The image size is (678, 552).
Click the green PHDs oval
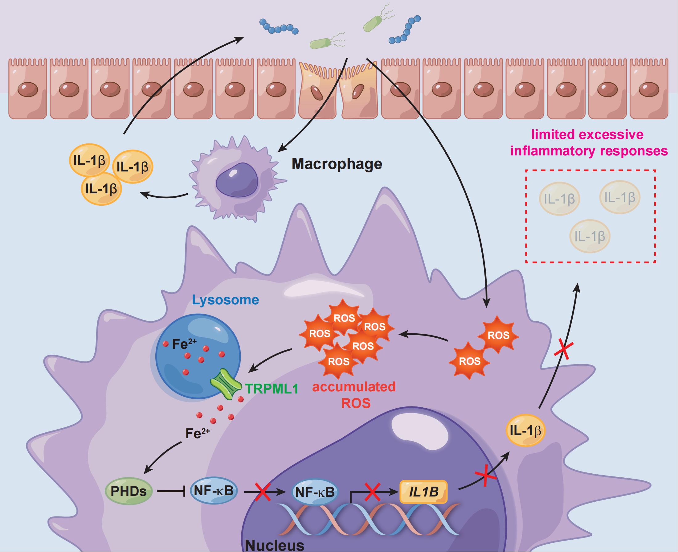(129, 491)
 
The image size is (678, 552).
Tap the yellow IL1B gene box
(424, 492)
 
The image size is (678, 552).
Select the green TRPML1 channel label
(272, 389)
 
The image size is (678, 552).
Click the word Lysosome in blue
(226, 300)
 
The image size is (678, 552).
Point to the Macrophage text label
(337, 164)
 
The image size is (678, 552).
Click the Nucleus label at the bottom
(275, 545)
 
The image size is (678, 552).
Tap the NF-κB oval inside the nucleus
(315, 492)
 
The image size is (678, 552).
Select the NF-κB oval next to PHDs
(214, 491)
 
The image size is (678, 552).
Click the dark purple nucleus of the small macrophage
(237, 180)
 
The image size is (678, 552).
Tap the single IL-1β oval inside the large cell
(525, 430)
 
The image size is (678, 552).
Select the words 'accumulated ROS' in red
(354, 395)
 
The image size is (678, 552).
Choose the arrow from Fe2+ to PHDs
(162, 456)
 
